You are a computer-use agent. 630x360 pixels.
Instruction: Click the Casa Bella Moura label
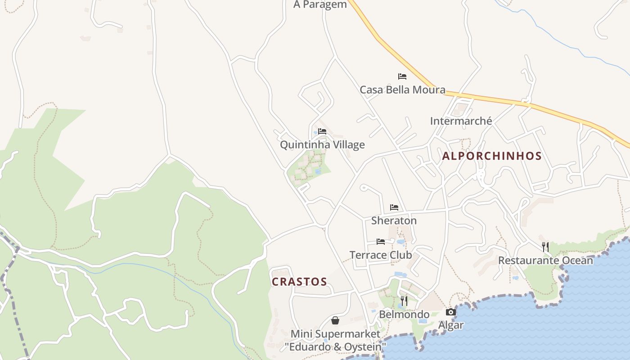click(x=402, y=90)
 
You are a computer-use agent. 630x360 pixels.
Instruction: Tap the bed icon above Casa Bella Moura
click(x=402, y=76)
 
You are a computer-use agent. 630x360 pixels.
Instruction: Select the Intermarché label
click(x=461, y=121)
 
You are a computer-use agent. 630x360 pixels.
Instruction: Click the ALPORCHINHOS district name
click(x=492, y=156)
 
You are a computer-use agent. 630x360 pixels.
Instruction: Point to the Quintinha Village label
click(x=322, y=145)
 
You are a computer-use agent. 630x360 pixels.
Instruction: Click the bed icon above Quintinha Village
click(x=322, y=131)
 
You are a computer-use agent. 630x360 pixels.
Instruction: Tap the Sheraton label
click(x=394, y=220)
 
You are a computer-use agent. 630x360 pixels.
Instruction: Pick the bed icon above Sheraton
click(x=394, y=207)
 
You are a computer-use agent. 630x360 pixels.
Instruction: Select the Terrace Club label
click(x=381, y=255)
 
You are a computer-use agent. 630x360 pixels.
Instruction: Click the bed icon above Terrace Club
click(x=381, y=242)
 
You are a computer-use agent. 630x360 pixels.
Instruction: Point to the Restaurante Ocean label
click(x=545, y=261)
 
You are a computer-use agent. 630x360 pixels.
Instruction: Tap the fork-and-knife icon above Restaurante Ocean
click(x=545, y=247)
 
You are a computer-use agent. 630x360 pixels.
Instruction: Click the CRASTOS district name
click(x=299, y=282)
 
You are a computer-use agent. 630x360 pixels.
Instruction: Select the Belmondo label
click(x=404, y=315)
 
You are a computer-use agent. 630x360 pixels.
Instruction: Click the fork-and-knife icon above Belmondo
click(x=404, y=301)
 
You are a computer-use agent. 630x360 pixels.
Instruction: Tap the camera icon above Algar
click(x=451, y=312)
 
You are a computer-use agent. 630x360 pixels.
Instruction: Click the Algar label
click(x=451, y=325)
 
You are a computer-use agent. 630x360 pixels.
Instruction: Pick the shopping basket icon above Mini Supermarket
click(x=335, y=320)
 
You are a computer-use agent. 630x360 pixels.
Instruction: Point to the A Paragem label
click(x=320, y=5)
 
